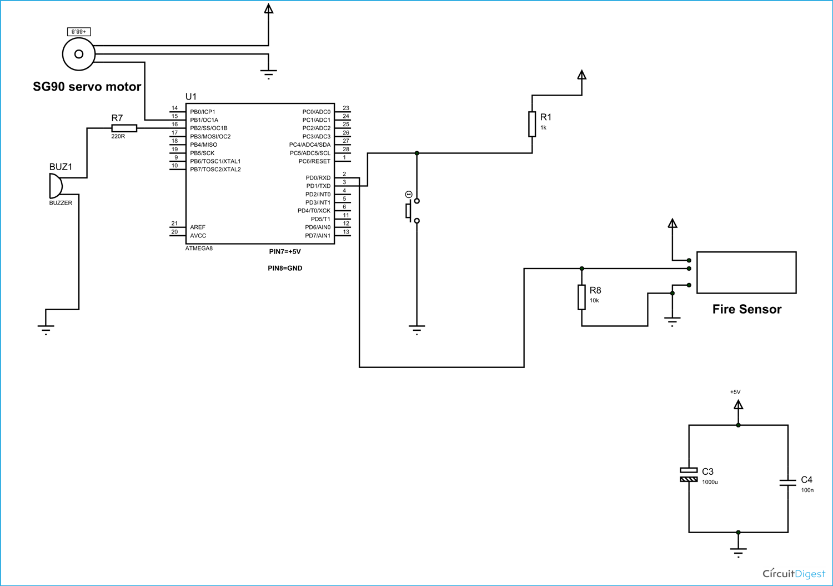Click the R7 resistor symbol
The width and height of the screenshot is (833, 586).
coord(124,128)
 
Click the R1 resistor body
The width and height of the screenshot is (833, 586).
coord(532,124)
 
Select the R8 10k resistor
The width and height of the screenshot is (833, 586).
coord(581,297)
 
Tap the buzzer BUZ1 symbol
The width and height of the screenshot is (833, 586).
coord(56,186)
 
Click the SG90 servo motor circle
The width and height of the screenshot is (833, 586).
coord(79,54)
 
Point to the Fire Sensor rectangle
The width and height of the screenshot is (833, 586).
coord(746,272)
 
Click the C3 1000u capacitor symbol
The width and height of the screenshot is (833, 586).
coord(689,475)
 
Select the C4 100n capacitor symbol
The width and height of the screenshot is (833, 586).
coord(787,483)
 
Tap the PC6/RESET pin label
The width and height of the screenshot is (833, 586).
coord(314,161)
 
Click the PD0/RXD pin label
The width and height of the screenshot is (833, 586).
coord(318,178)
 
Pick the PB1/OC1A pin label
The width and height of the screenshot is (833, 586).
coord(204,120)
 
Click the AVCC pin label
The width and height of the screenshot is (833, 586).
coord(198,236)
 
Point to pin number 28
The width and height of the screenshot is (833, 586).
coord(346,149)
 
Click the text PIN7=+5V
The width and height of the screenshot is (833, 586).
coord(285,252)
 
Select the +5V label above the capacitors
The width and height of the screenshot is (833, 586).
coord(735,392)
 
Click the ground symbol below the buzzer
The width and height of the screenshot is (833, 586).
coord(46,329)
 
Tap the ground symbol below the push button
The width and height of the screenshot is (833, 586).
coord(416,329)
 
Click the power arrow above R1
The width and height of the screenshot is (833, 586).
coord(581,75)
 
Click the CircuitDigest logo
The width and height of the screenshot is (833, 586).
coord(794,573)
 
